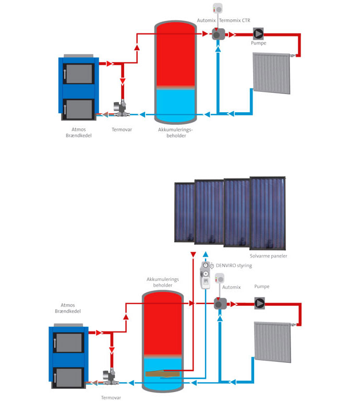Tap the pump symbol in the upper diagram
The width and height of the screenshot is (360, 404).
point(258,34)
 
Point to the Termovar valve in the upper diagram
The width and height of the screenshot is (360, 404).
point(122,108)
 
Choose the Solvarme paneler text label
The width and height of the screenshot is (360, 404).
point(268,256)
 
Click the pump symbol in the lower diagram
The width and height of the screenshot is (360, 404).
point(259,302)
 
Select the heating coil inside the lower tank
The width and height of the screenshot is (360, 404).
point(162,373)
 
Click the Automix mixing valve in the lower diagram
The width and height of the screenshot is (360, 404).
point(219,303)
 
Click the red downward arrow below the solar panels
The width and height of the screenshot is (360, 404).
point(194,255)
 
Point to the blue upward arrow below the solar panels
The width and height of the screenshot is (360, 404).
point(205,255)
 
